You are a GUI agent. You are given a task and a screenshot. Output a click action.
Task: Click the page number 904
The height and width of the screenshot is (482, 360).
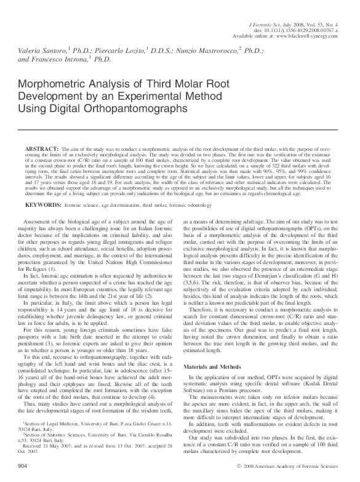[x=23, y=464]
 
